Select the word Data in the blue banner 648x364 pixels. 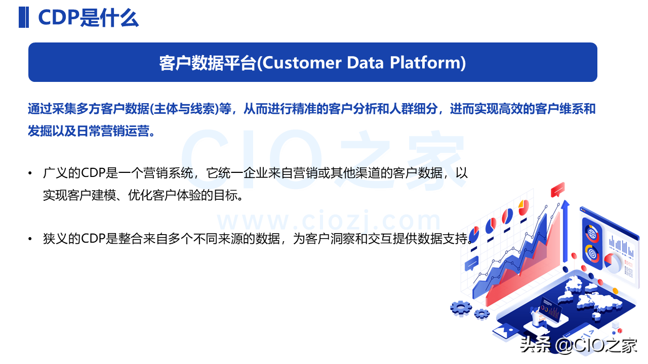coord(366,63)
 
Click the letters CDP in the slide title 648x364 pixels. coord(59,18)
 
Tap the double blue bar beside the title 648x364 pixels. coord(24,17)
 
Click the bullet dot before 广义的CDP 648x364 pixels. coord(30,173)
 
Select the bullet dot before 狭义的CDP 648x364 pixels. coord(30,239)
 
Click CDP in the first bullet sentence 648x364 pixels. coord(93,173)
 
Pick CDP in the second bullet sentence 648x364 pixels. coord(93,239)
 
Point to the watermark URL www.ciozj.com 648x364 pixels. coord(329,221)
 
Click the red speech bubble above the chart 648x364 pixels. coord(558,189)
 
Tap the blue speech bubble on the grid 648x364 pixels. coord(471,263)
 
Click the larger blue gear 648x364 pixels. coord(461,308)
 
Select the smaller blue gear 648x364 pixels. coord(482,314)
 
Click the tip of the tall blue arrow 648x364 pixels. coord(565,200)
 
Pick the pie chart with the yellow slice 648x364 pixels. coord(523,207)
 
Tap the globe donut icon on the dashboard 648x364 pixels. coord(592,234)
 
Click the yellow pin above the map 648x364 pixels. coord(616,291)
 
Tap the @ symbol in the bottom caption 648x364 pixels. coord(563,345)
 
